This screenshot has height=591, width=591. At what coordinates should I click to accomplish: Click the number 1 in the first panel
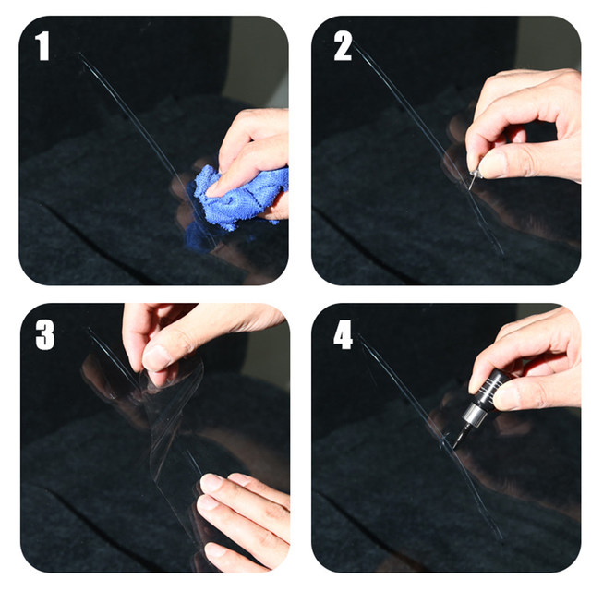(43, 45)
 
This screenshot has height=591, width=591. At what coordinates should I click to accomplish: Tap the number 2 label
(343, 45)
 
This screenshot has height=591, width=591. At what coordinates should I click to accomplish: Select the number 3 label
(45, 335)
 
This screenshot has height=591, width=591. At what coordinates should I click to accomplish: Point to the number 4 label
(343, 335)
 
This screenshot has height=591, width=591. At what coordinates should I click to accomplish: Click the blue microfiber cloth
(237, 198)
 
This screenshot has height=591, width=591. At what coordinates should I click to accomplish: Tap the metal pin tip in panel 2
(471, 183)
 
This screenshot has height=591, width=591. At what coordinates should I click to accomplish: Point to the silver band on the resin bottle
(471, 413)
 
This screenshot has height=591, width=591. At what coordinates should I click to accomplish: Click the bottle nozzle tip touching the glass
(454, 447)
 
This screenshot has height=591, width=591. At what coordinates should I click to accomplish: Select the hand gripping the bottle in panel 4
(532, 362)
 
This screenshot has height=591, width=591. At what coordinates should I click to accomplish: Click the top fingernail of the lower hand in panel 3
(210, 483)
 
